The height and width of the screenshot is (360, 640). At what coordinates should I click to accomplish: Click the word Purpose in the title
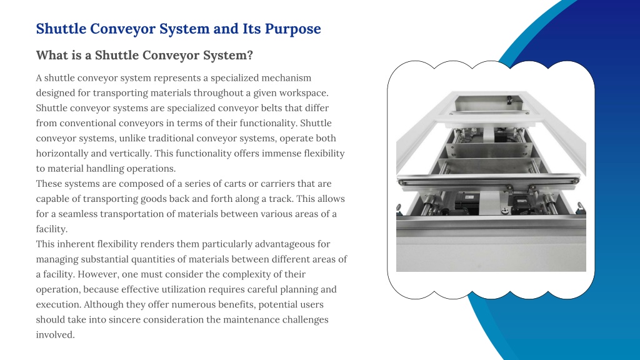pyautogui.click(x=292, y=29)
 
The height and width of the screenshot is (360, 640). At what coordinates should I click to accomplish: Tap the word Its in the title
pyautogui.click(x=251, y=29)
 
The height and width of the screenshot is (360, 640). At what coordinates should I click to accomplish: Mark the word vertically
pyautogui.click(x=130, y=154)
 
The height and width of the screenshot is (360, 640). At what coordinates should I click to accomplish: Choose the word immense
pyautogui.click(x=281, y=154)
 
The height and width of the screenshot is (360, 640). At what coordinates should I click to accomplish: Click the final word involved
pyautogui.click(x=55, y=335)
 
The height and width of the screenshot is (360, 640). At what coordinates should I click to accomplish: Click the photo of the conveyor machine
pyautogui.click(x=491, y=181)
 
